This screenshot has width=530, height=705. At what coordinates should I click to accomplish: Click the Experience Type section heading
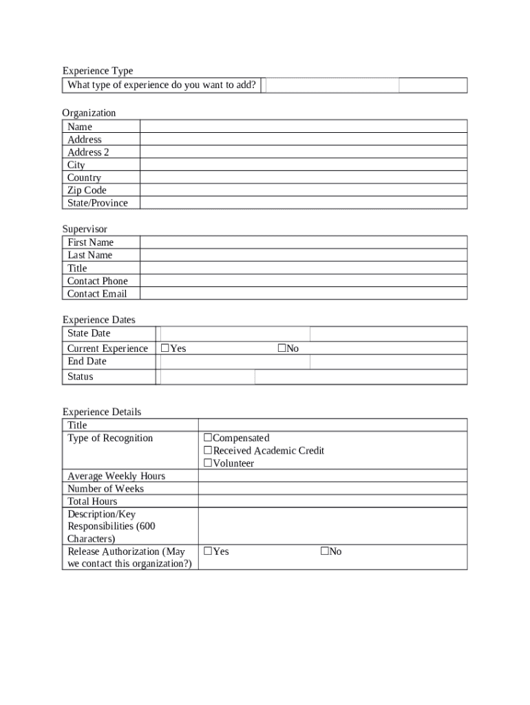tap(97, 71)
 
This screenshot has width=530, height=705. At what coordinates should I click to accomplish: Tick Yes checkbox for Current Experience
tap(165, 348)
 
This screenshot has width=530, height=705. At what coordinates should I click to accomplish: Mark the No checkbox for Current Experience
tap(282, 348)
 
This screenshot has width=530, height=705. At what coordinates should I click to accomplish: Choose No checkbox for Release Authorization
tap(325, 551)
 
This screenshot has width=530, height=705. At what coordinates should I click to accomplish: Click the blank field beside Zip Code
tap(303, 190)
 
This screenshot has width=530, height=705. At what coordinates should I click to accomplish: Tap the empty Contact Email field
tap(303, 293)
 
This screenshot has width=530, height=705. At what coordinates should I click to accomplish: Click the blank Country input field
tap(303, 178)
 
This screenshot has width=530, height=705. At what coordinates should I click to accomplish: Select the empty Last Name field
tap(303, 255)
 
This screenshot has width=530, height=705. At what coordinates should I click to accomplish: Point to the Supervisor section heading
tap(85, 229)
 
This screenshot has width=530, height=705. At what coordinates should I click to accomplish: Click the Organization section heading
tap(89, 113)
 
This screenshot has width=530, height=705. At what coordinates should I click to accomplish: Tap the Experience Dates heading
tap(98, 319)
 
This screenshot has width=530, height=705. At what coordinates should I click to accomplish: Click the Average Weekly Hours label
tap(116, 476)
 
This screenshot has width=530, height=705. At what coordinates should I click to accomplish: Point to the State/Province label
tap(97, 203)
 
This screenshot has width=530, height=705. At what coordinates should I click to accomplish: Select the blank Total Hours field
tap(332, 501)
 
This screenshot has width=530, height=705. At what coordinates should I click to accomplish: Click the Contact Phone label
tap(97, 281)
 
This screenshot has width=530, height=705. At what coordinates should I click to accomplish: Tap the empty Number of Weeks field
tap(332, 489)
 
